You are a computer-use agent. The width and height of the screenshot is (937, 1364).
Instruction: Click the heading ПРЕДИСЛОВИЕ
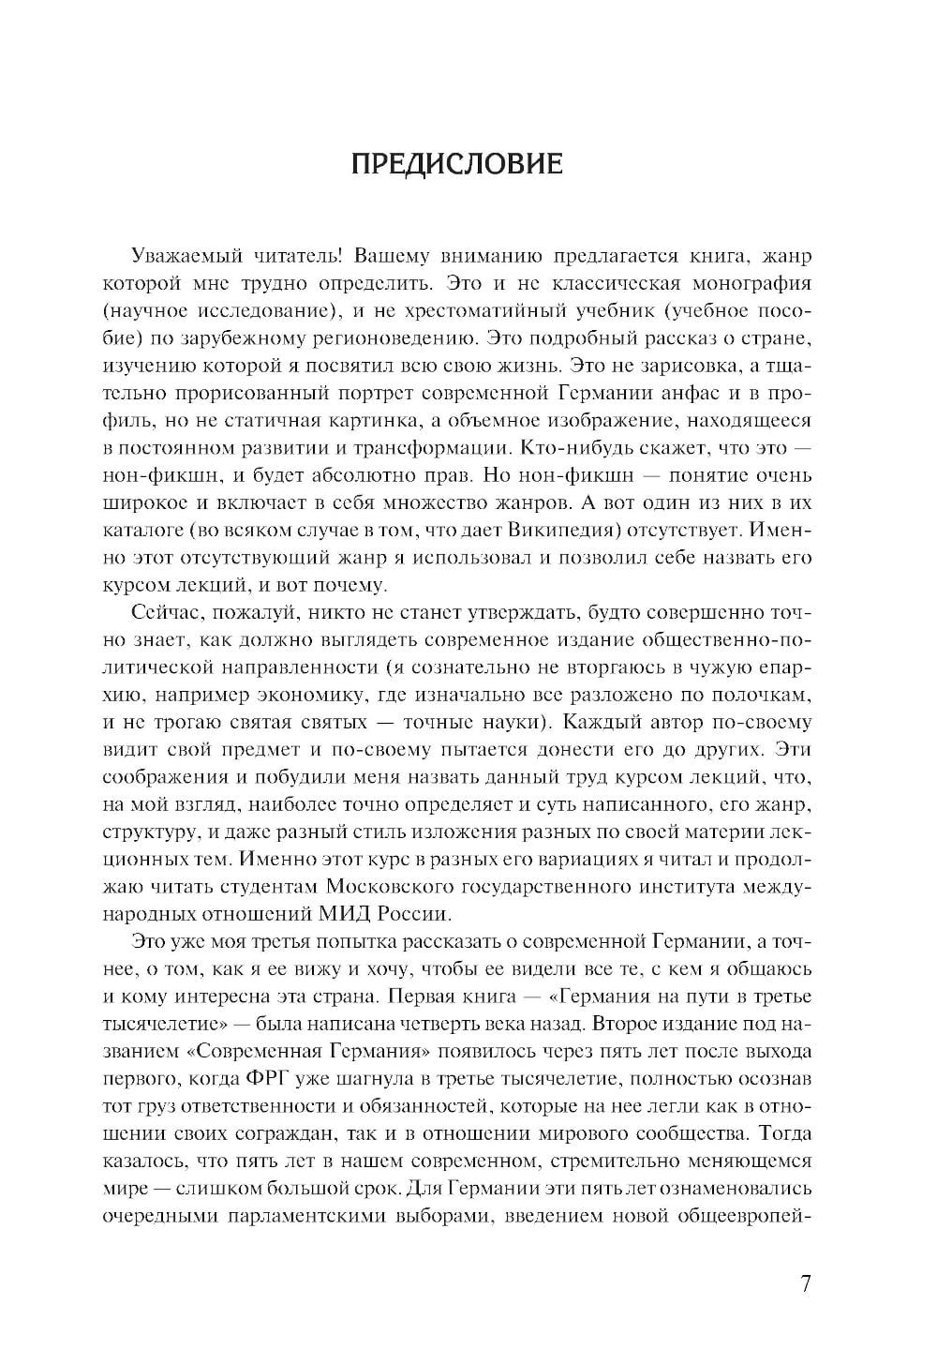456,165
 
